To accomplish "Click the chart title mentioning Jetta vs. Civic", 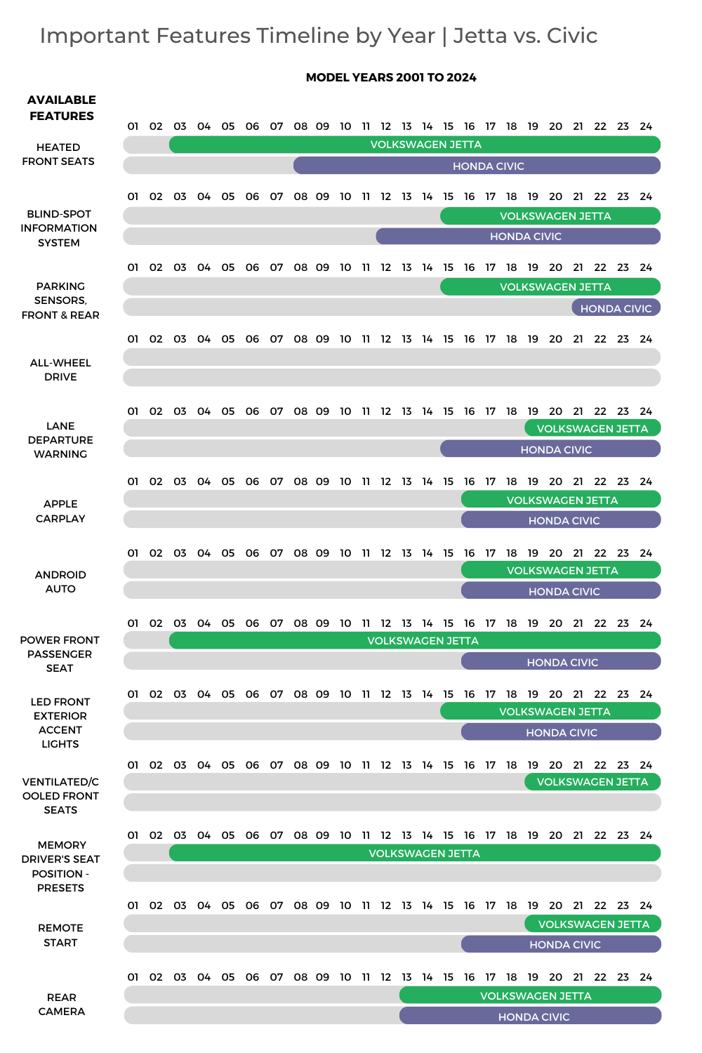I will pos(318,36).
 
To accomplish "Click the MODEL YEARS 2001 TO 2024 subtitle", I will pos(391,77).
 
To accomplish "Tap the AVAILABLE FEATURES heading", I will pos(62,108).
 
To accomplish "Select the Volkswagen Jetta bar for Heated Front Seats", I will pos(414,145).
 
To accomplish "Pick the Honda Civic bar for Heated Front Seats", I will pos(477,166).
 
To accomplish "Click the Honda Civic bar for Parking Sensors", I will pos(616,308).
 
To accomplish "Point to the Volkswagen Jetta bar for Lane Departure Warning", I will pos(592,428).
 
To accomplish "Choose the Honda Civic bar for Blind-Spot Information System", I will pos(518,237).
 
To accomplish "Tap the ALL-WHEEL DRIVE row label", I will pos(60,370).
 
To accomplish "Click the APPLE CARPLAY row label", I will pos(60,511).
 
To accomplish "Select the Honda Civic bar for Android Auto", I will pos(560,591).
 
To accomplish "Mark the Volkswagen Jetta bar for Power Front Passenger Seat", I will pos(414,640).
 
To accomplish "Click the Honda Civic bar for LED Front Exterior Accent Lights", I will pos(560,732).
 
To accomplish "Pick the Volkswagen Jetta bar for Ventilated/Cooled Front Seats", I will pos(592,782).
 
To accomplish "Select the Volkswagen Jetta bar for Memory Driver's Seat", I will pos(414,853).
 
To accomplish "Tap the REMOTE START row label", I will pos(60,935).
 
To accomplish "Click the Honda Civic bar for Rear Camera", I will pos(530,1016).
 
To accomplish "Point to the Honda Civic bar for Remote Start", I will pos(560,944).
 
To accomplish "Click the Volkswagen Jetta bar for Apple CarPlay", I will pos(560,500).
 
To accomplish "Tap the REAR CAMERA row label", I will pos(62,1005).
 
